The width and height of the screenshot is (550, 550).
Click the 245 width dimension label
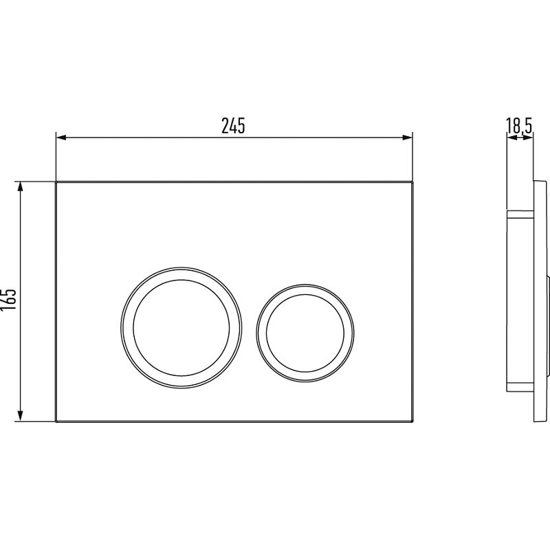point(233,126)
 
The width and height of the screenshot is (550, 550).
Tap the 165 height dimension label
point(8,299)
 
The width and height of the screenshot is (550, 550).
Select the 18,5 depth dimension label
point(519,126)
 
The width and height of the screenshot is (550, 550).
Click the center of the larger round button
point(181,327)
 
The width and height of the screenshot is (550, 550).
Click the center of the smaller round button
point(305,333)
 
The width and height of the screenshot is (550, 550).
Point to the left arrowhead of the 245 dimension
point(61,137)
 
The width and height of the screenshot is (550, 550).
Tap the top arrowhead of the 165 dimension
point(21,186)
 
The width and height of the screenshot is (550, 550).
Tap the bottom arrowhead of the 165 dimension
point(21,416)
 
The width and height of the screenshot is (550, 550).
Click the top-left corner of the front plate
point(56,181)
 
